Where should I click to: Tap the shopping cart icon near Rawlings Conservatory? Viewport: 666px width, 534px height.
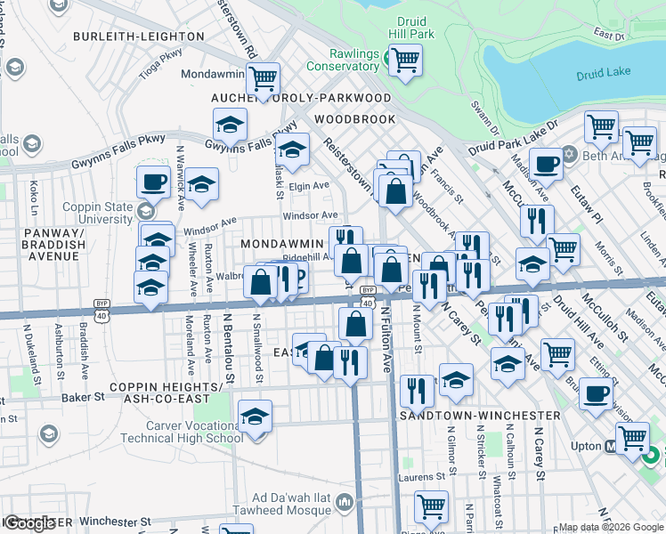405,61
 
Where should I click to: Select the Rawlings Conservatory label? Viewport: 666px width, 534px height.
343,59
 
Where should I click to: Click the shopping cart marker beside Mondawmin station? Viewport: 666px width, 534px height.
263,79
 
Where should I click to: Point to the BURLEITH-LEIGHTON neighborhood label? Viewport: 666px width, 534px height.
138,36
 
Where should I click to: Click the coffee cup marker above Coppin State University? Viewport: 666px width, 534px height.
152,182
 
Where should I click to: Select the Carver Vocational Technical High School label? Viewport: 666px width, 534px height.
182,432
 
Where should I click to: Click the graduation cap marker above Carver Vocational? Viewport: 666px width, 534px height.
256,416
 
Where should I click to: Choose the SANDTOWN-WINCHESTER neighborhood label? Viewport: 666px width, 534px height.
459,416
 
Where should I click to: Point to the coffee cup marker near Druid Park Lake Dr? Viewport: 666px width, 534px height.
546,162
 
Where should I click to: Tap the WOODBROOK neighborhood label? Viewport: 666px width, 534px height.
355,118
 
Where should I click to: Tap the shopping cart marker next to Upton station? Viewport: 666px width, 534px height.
632,436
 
